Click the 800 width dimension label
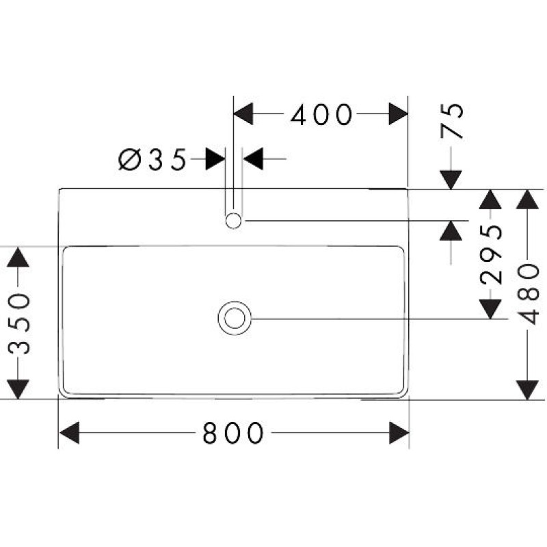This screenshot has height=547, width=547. pos(232,432)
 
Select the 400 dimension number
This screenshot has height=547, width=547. pos(321,115)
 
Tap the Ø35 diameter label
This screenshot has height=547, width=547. pos(152,160)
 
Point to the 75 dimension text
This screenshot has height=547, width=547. pos(453,121)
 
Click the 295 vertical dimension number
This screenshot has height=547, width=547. pos(490,254)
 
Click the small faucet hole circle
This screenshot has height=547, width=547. pos(233,221)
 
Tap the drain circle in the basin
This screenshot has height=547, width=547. pos(235,318)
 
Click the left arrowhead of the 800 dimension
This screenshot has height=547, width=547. pos(70,432)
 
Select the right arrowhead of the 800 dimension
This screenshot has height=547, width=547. pos(399,432)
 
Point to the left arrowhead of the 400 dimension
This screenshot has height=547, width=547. pos(244,114)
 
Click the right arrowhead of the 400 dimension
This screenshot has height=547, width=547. pos(399,114)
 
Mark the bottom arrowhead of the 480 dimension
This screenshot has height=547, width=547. pos(526,389)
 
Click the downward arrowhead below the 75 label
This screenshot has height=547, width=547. pos(451,179)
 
